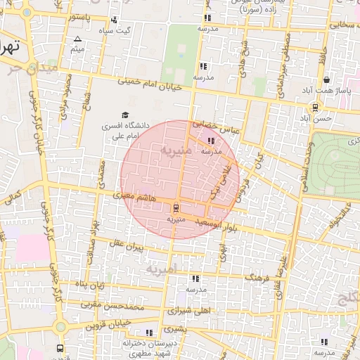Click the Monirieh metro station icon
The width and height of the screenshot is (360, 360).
click(175, 207)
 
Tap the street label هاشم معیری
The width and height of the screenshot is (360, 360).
click(138, 199)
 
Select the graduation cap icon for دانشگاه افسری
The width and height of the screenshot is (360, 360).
click(125, 115)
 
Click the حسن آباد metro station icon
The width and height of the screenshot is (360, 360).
click(315, 108)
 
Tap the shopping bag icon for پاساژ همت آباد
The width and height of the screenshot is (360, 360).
click(325, 79)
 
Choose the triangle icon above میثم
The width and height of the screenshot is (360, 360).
click(77, 39)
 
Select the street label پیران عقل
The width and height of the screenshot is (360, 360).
click(125, 246)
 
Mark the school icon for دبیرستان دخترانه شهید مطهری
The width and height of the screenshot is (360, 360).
click(148, 333)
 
